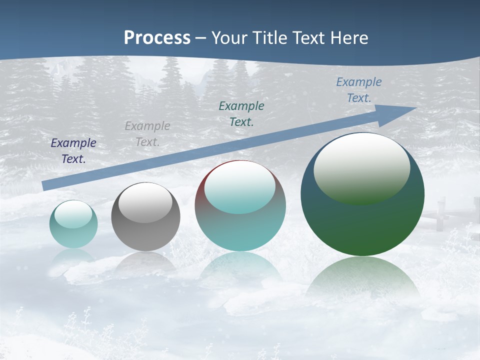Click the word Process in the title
tap(157, 38)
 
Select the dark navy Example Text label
tap(73, 151)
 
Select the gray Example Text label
tap(147, 134)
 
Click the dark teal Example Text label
tap(241, 114)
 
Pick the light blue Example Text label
tap(358, 90)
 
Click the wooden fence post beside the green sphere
tap(441, 214)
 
